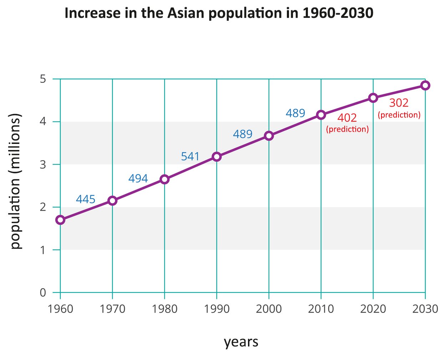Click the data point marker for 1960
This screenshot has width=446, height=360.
(60, 220)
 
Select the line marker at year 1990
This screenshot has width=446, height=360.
(217, 157)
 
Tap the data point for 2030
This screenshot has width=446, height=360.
(425, 85)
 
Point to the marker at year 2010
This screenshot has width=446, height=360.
(321, 115)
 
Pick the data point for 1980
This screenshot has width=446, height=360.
(164, 179)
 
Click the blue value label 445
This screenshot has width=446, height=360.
(86, 199)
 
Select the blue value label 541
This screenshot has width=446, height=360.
(190, 156)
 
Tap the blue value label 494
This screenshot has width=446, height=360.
(138, 178)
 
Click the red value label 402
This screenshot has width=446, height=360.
(347, 118)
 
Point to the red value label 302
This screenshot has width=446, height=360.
(399, 103)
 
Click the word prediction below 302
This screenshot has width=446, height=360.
(399, 115)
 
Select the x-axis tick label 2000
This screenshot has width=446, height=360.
(269, 309)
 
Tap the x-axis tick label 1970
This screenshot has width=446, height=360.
(112, 309)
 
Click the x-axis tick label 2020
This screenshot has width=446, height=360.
(373, 309)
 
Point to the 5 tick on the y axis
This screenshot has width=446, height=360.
(43, 79)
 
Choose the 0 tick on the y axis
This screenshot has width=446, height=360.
(43, 292)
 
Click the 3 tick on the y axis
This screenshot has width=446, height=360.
(43, 164)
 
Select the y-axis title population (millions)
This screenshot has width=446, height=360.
(15, 181)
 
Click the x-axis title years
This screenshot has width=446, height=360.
(241, 342)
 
